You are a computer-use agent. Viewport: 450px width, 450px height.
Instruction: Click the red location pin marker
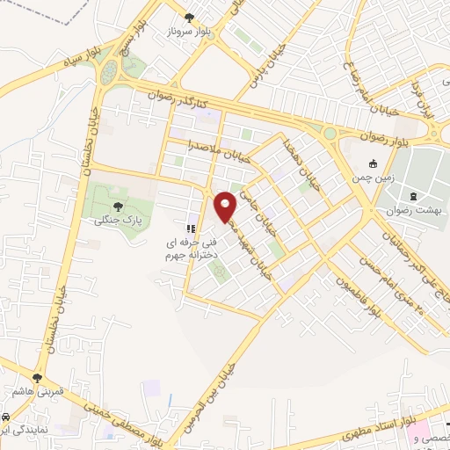pos(226,207)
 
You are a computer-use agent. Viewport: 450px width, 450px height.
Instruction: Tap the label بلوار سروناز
pos(188,33)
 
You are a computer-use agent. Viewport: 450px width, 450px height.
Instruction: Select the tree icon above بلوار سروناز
pos(188,18)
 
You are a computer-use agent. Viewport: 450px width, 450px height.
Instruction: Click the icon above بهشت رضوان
pos(414,197)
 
